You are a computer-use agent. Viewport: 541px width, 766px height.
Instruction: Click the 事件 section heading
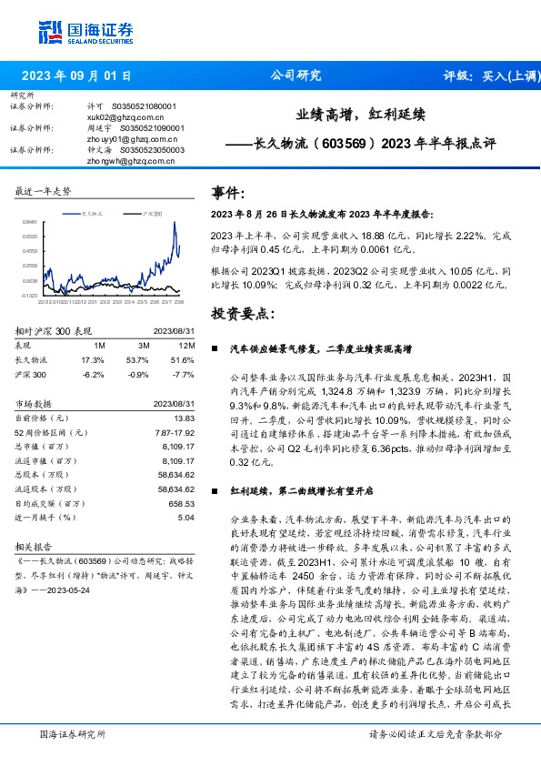click(228, 193)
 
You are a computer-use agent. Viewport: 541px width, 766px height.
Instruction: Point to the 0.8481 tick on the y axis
click(30, 222)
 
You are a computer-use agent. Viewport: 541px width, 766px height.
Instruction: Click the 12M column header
click(186, 347)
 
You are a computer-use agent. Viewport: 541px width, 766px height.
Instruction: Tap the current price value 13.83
click(185, 417)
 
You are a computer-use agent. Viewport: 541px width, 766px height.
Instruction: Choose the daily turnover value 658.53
click(182, 502)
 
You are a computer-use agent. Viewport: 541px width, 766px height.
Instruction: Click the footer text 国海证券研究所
click(71, 732)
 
